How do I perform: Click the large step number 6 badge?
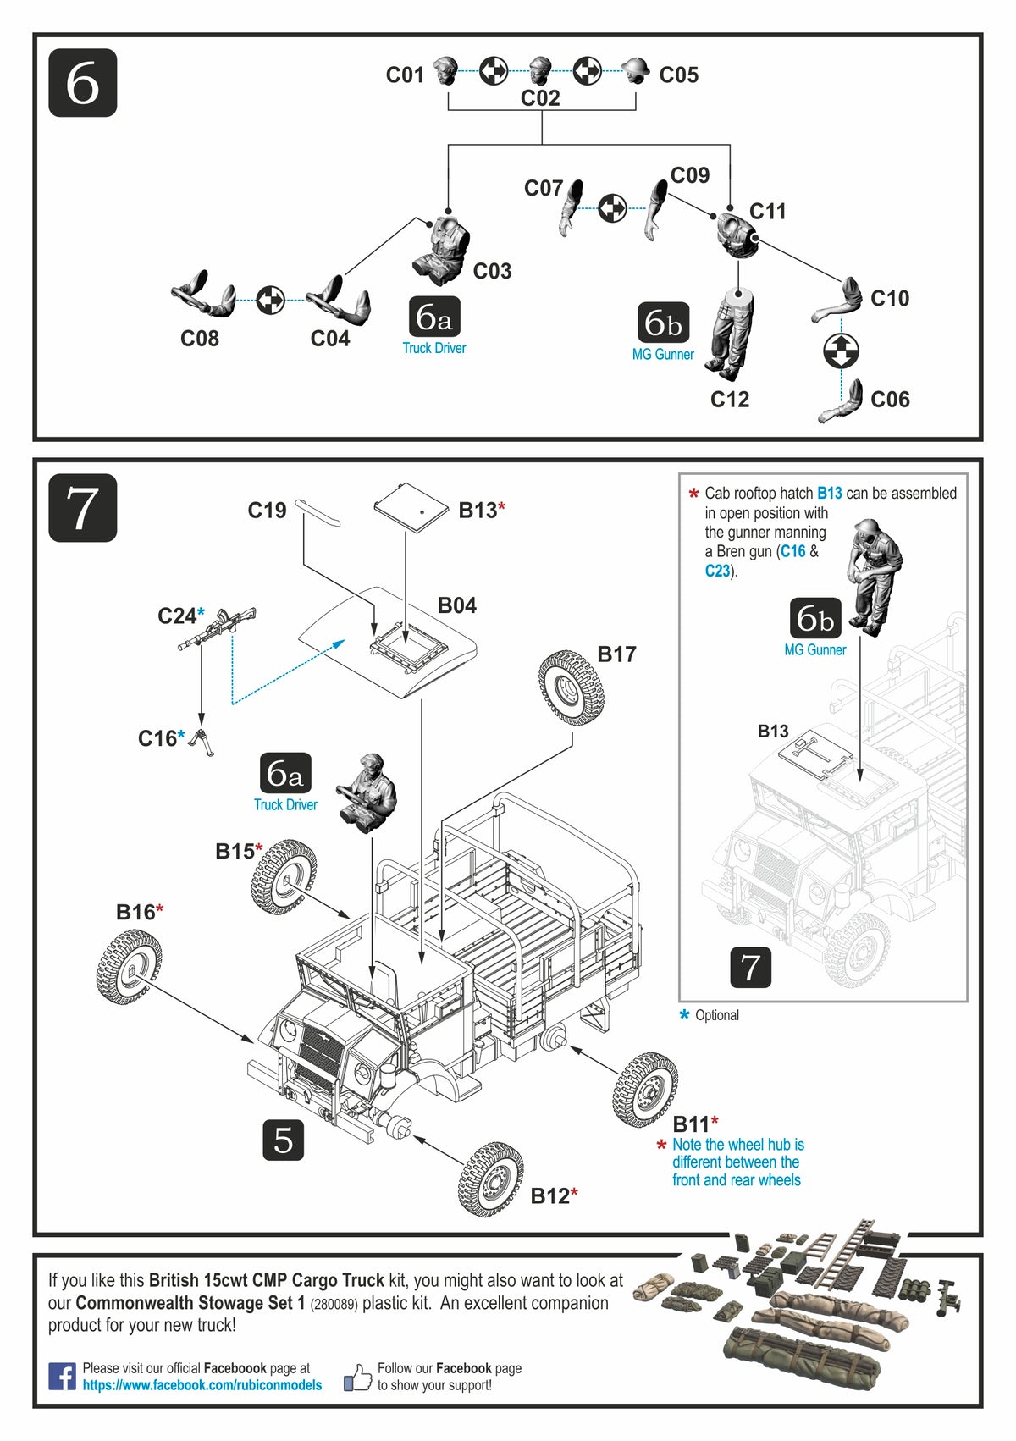pos(82,83)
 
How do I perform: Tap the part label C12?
pos(729,399)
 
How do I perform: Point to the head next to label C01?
pos(446,72)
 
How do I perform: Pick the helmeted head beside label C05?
pos(635,72)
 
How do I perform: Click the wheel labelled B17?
pos(571,687)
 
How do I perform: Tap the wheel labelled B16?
pos(129,966)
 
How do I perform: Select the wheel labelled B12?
pos(490,1179)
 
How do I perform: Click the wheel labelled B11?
pos(645,1090)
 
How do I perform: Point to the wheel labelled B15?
pos(284,876)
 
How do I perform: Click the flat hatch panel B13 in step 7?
pos(411,506)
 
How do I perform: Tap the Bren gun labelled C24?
pos(218,628)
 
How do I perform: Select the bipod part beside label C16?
pos(202,742)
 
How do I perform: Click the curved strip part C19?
pos(318,511)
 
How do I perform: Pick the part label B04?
pos(456,605)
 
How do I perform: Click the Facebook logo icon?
pos(62,1376)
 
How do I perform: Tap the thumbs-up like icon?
pos(358,1377)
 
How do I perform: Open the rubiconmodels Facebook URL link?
pos(202,1385)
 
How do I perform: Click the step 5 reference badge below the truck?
pos(283,1140)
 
